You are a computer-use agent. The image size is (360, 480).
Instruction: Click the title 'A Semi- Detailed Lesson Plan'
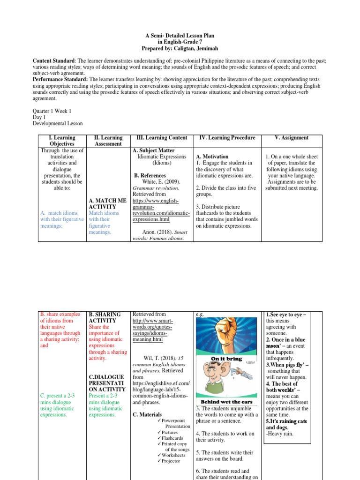180,35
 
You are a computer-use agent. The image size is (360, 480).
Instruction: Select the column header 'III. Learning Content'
161,138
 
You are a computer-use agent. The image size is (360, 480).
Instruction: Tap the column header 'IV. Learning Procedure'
227,138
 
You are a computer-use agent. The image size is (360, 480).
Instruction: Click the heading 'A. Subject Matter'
152,151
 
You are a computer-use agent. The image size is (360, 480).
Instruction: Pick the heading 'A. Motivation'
212,157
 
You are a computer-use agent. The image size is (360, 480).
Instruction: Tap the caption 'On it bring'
227,359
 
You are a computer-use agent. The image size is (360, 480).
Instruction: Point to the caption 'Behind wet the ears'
226,402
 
